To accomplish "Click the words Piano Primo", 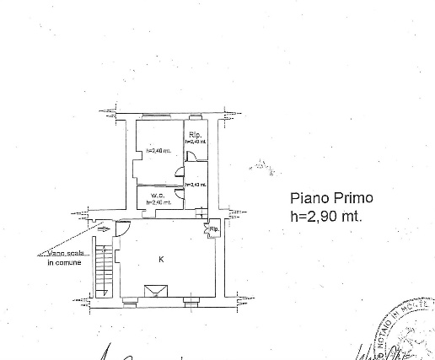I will point(330,199).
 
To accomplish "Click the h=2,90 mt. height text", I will point(326,216).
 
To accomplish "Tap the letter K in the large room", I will point(160,260).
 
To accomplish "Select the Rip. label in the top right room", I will point(195,135).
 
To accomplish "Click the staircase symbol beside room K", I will point(102,268).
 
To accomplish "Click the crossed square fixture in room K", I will point(155,291).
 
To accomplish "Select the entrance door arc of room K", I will point(122,228).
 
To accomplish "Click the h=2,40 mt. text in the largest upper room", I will point(157,151).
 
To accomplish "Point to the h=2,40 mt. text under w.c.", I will point(158,202).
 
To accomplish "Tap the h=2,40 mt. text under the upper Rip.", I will point(195,142).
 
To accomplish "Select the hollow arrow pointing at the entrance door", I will point(104,228).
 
